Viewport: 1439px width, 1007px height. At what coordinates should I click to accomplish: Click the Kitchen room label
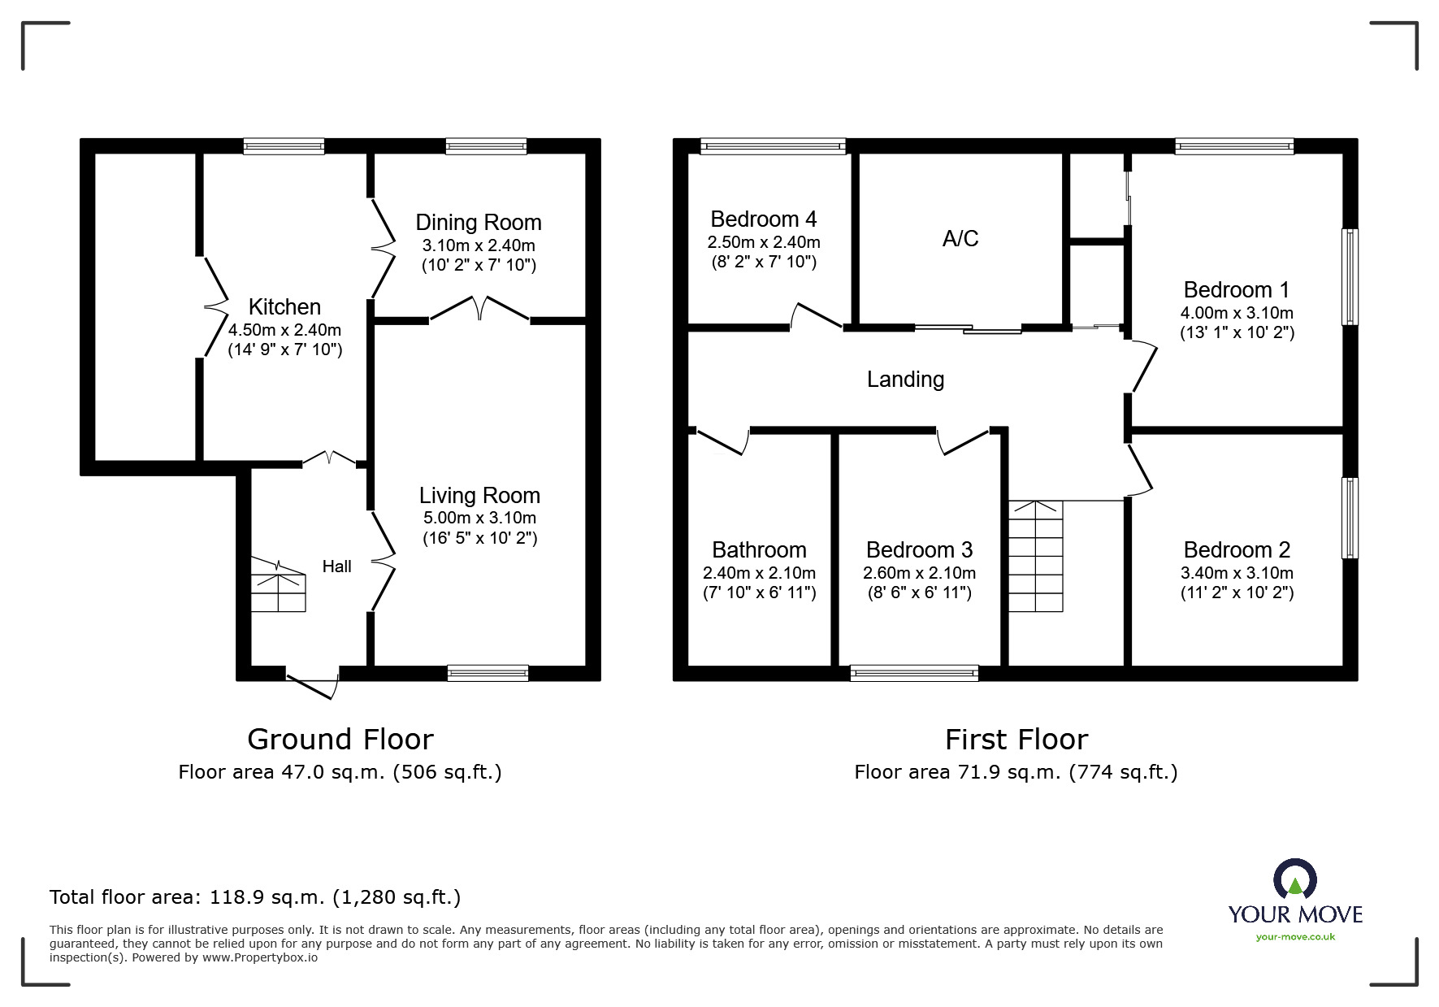point(284,307)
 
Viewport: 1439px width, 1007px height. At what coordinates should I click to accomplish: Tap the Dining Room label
point(478,223)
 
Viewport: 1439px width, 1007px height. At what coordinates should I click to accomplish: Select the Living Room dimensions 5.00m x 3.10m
point(479,518)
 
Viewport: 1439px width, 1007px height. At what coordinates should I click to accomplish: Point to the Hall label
point(336,566)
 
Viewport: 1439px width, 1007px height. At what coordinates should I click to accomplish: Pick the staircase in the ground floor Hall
point(278,585)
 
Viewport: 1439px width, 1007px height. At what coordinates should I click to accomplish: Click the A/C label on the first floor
point(960,239)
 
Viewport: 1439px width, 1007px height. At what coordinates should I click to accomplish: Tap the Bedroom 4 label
point(763,219)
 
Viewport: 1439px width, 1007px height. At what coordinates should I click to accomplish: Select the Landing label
point(905,380)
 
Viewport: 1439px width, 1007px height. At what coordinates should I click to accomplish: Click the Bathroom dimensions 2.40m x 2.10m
point(759,572)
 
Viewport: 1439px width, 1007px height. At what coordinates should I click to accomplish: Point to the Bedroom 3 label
point(919,550)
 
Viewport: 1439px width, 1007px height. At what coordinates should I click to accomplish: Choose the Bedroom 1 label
point(1236,290)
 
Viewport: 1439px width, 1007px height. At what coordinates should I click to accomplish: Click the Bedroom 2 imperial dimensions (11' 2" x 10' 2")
point(1237,592)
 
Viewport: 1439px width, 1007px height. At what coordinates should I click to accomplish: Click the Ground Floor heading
point(340,740)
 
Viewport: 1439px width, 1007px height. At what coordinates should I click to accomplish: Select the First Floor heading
point(1016,740)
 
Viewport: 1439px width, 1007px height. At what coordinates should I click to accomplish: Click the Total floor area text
point(255,897)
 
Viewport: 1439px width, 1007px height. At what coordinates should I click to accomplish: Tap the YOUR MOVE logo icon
point(1294,880)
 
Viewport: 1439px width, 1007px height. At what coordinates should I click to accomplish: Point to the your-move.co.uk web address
point(1295,937)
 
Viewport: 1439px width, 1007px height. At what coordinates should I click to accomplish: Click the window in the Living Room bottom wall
point(488,672)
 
